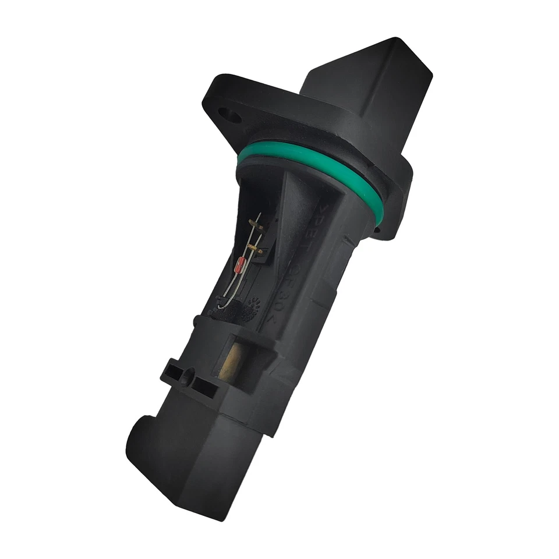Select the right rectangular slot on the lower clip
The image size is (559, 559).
(204, 385)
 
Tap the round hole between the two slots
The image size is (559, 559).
(187, 378)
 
